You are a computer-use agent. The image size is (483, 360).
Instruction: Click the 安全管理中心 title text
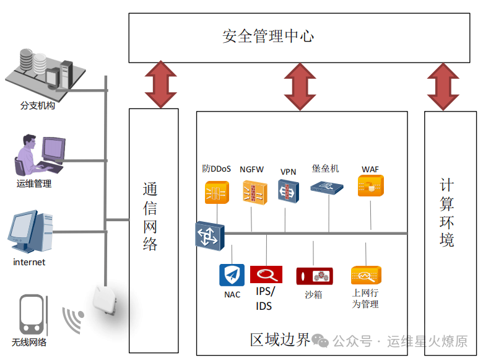click(268, 36)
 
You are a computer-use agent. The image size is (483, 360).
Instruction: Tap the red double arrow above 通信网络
click(161, 84)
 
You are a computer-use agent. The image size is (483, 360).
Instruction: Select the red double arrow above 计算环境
click(443, 87)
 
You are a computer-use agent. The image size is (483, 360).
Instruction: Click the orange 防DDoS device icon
click(217, 192)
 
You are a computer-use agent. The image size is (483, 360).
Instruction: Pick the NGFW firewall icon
click(255, 193)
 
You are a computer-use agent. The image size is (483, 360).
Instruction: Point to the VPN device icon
click(289, 191)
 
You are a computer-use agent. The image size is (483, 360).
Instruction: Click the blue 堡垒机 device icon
click(326, 187)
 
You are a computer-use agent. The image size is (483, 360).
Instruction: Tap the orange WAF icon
click(371, 185)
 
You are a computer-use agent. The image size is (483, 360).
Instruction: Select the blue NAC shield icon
click(232, 275)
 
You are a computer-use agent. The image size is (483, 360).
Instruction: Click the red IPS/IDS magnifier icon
click(266, 274)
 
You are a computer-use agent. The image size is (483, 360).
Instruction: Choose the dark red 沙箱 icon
click(315, 276)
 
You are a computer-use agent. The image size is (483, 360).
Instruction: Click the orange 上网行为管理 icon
click(366, 275)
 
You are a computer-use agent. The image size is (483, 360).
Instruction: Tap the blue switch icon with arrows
click(210, 236)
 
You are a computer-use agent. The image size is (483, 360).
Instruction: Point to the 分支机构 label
click(38, 106)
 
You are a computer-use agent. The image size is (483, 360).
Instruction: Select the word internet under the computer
click(29, 262)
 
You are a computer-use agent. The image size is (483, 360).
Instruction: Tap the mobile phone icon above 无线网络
click(32, 314)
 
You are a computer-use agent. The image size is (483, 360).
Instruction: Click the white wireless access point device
click(105, 300)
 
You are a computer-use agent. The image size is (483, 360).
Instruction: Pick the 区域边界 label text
click(280, 340)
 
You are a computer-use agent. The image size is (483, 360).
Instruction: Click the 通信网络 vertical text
click(150, 216)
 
